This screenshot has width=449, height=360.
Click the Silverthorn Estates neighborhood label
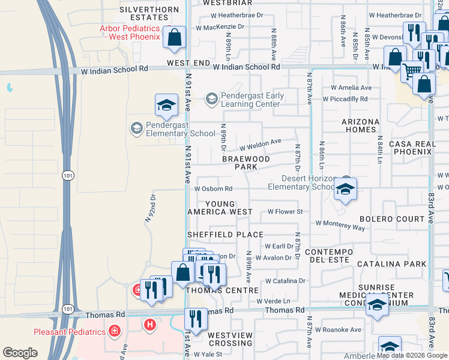point(149,14)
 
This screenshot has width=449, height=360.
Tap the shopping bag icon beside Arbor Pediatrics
point(174,38)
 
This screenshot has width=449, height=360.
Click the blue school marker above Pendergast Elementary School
point(166,106)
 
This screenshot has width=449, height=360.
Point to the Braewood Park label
point(246,163)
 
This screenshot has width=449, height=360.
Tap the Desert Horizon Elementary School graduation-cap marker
point(345,190)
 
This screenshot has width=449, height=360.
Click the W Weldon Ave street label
point(261,145)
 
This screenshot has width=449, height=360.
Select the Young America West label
point(220,208)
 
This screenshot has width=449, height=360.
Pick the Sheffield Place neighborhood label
point(225,235)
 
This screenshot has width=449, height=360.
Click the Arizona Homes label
point(361,126)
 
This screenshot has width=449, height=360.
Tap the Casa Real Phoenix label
point(411,148)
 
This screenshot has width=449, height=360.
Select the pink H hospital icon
point(150,325)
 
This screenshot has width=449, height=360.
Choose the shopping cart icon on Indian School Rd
point(411,71)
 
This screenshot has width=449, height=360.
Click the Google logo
point(20,353)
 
